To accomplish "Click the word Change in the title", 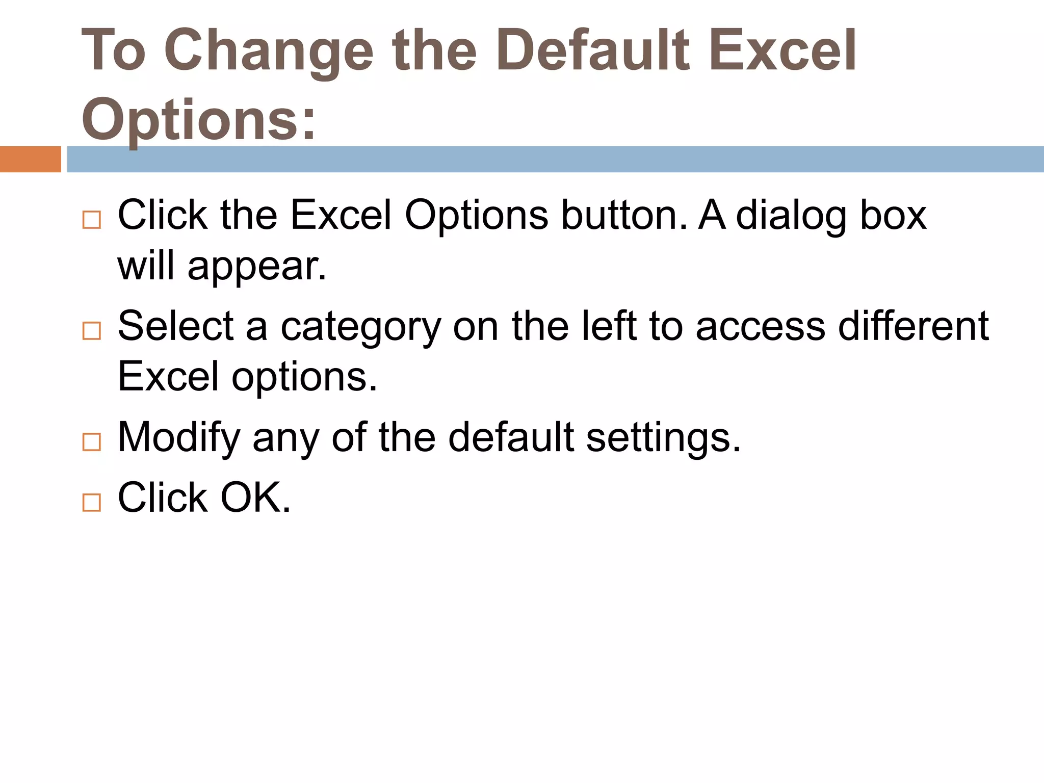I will point(269,51).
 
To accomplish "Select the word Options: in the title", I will point(199,120).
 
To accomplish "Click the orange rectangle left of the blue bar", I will point(30,159).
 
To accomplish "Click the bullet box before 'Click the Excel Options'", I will point(92,220).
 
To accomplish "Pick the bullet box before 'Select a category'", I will point(92,331).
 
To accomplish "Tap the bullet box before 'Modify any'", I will point(92,442).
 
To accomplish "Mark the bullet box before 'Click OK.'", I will point(92,502).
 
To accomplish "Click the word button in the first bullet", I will point(624,215).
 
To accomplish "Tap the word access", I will point(760,326).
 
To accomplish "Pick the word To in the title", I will point(113,51).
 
